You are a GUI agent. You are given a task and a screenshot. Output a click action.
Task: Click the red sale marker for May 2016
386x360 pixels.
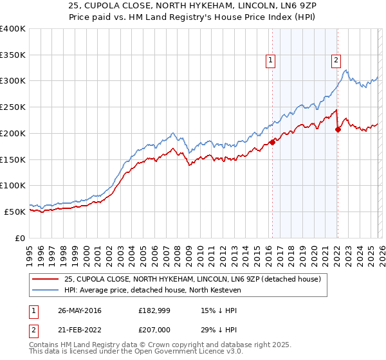[272, 142]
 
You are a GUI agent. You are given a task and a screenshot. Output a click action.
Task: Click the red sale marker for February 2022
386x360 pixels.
[338, 129]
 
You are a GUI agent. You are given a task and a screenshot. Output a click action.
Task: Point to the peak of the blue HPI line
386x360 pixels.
[345, 70]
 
